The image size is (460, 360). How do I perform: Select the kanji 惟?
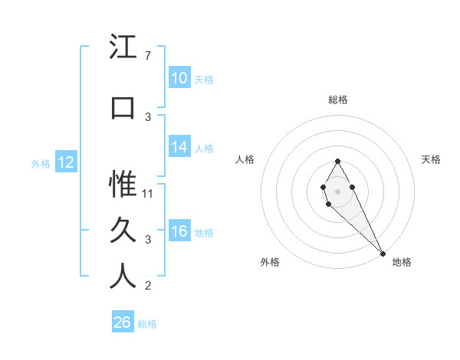click(x=123, y=185)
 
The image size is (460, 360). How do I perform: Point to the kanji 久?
click(x=123, y=231)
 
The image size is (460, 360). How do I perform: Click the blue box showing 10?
click(x=179, y=78)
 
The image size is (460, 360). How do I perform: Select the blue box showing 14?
click(x=179, y=148)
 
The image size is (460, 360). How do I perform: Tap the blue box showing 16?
click(x=179, y=232)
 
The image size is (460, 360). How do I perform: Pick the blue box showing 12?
click(x=66, y=162)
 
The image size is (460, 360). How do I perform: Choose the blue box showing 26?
click(x=123, y=322)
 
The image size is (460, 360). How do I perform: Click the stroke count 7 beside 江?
click(x=148, y=56)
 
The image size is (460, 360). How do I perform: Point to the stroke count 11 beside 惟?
click(x=149, y=194)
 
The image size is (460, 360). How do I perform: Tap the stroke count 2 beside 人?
click(x=148, y=286)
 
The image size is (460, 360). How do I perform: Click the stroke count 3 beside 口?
click(x=148, y=117)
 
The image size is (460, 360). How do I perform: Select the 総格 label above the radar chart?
click(x=338, y=100)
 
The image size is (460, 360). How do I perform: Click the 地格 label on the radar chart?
click(x=402, y=262)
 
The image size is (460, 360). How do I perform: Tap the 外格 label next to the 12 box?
click(x=41, y=163)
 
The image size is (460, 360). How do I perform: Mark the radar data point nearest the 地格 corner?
click(x=382, y=252)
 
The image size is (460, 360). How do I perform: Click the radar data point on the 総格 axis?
click(x=337, y=161)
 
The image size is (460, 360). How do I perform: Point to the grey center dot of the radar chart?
click(x=337, y=190)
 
